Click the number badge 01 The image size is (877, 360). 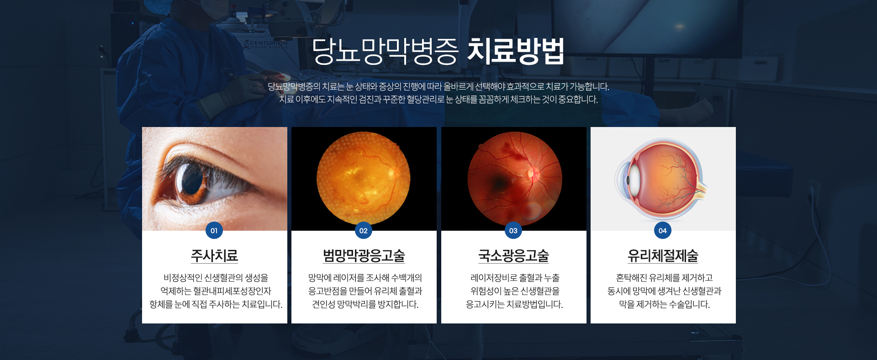click(x=214, y=230)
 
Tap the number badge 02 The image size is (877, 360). click(x=364, y=230)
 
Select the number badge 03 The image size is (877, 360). click(x=513, y=230)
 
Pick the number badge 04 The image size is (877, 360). click(x=663, y=230)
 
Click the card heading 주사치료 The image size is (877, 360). click(x=215, y=255)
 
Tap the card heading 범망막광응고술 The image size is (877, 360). click(x=364, y=255)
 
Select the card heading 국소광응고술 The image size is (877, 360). click(x=513, y=255)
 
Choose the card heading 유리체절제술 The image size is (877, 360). click(x=663, y=255)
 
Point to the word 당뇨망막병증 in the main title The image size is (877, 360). click(x=385, y=51)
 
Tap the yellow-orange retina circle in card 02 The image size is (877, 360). click(x=364, y=178)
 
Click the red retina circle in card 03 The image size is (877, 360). click(x=515, y=178)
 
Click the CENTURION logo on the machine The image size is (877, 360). click(x=267, y=44)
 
